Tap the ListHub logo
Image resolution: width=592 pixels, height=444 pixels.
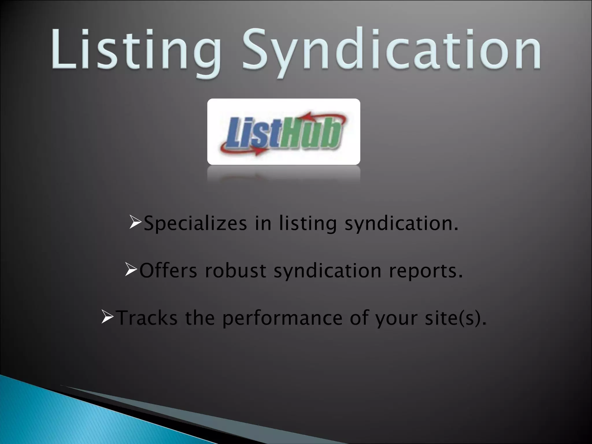click(284, 132)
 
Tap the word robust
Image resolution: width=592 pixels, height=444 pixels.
click(236, 271)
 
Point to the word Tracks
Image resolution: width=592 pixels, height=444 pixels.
click(147, 317)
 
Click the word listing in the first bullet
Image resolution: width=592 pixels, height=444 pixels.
click(308, 224)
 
